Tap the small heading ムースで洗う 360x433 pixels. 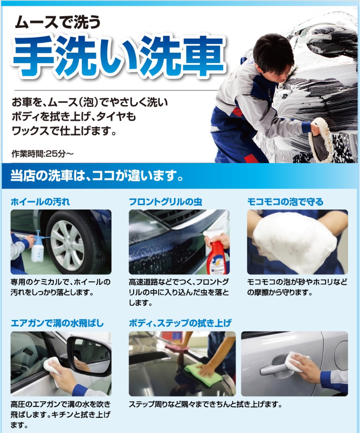pyautogui.click(x=58, y=22)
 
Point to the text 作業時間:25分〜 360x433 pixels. pyautogui.click(x=43, y=154)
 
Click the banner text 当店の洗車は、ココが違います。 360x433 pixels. pyautogui.click(x=97, y=176)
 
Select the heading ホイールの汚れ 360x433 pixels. pyautogui.click(x=40, y=202)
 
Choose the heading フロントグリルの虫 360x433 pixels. pyautogui.click(x=166, y=202)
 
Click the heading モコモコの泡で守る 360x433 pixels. pyautogui.click(x=285, y=202)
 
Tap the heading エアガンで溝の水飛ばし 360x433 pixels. pyautogui.click(x=57, y=323)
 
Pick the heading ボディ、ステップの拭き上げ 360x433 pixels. pyautogui.click(x=180, y=323)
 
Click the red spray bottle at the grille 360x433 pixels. pyautogui.click(x=216, y=253)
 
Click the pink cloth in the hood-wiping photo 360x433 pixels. pyautogui.click(x=174, y=347)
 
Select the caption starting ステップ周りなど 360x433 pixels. pyautogui.click(x=206, y=405)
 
